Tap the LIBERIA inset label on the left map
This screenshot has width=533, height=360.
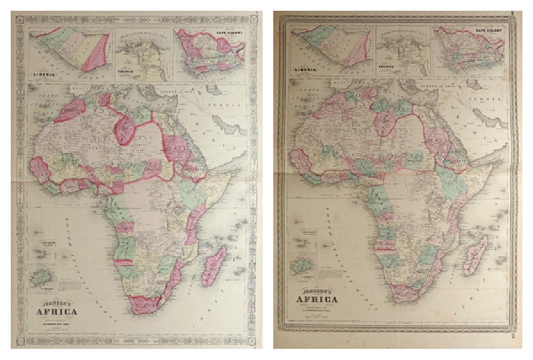pyautogui.click(x=44, y=75)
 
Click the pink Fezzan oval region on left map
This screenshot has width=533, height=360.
pyautogui.click(x=125, y=129)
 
